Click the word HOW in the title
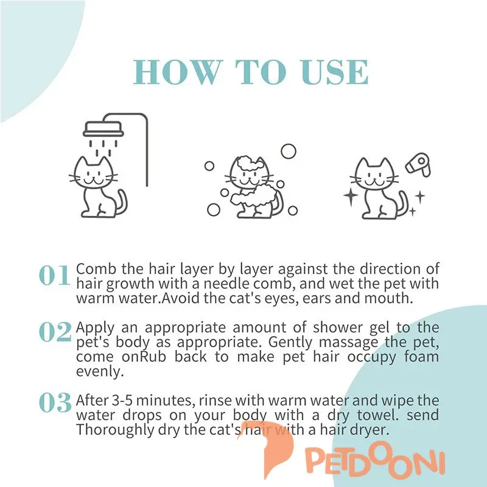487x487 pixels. tap(176, 72)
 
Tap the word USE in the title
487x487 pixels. tap(334, 72)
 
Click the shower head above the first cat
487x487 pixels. tap(103, 129)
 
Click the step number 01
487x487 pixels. tap(55, 275)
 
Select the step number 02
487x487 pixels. tap(55, 332)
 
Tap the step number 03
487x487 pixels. tap(55, 402)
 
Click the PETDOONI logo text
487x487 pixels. tap(375, 463)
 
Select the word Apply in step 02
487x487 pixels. tap(95, 328)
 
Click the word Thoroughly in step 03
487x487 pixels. tap(115, 430)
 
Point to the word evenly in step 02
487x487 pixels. tap(100, 371)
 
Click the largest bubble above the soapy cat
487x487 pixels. tap(289, 151)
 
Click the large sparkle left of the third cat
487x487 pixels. tap(351, 196)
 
